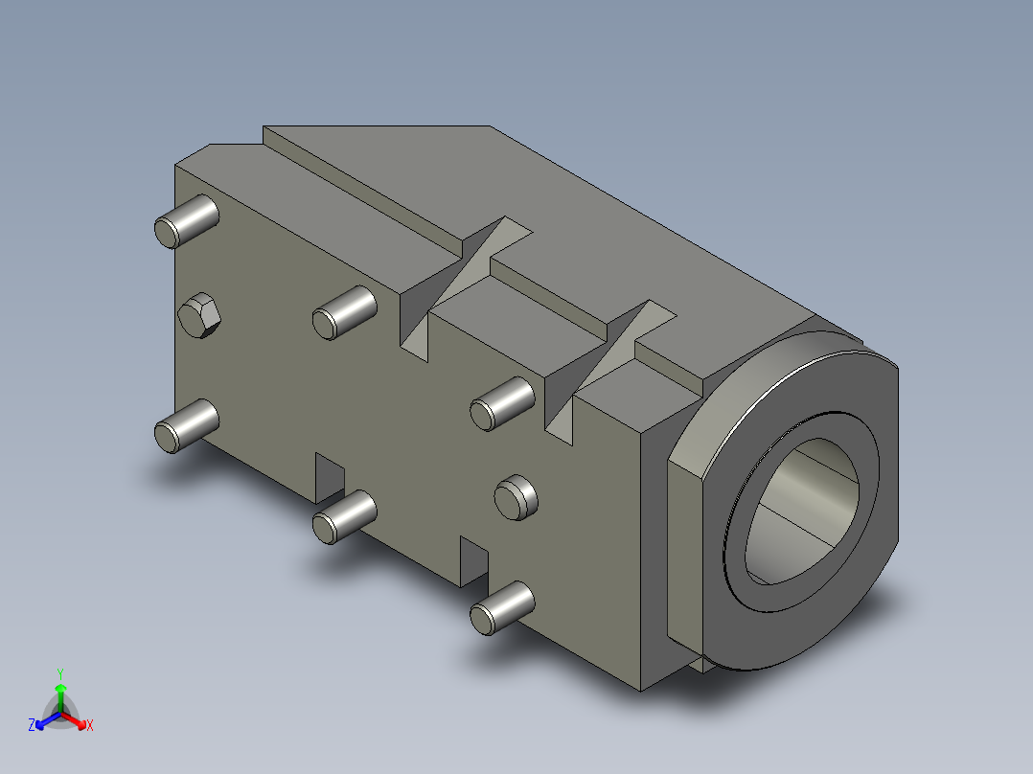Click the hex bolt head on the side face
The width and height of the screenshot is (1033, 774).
(199, 315)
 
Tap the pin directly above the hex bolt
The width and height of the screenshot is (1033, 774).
(187, 221)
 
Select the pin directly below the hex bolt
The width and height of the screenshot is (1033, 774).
(187, 426)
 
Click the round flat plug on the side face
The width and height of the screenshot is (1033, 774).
(516, 497)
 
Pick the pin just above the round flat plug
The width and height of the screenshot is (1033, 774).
(502, 404)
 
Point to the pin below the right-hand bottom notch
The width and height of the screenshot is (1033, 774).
(502, 608)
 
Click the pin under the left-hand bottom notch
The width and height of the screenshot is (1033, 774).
(345, 517)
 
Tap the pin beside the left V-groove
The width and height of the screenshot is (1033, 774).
(345, 313)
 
